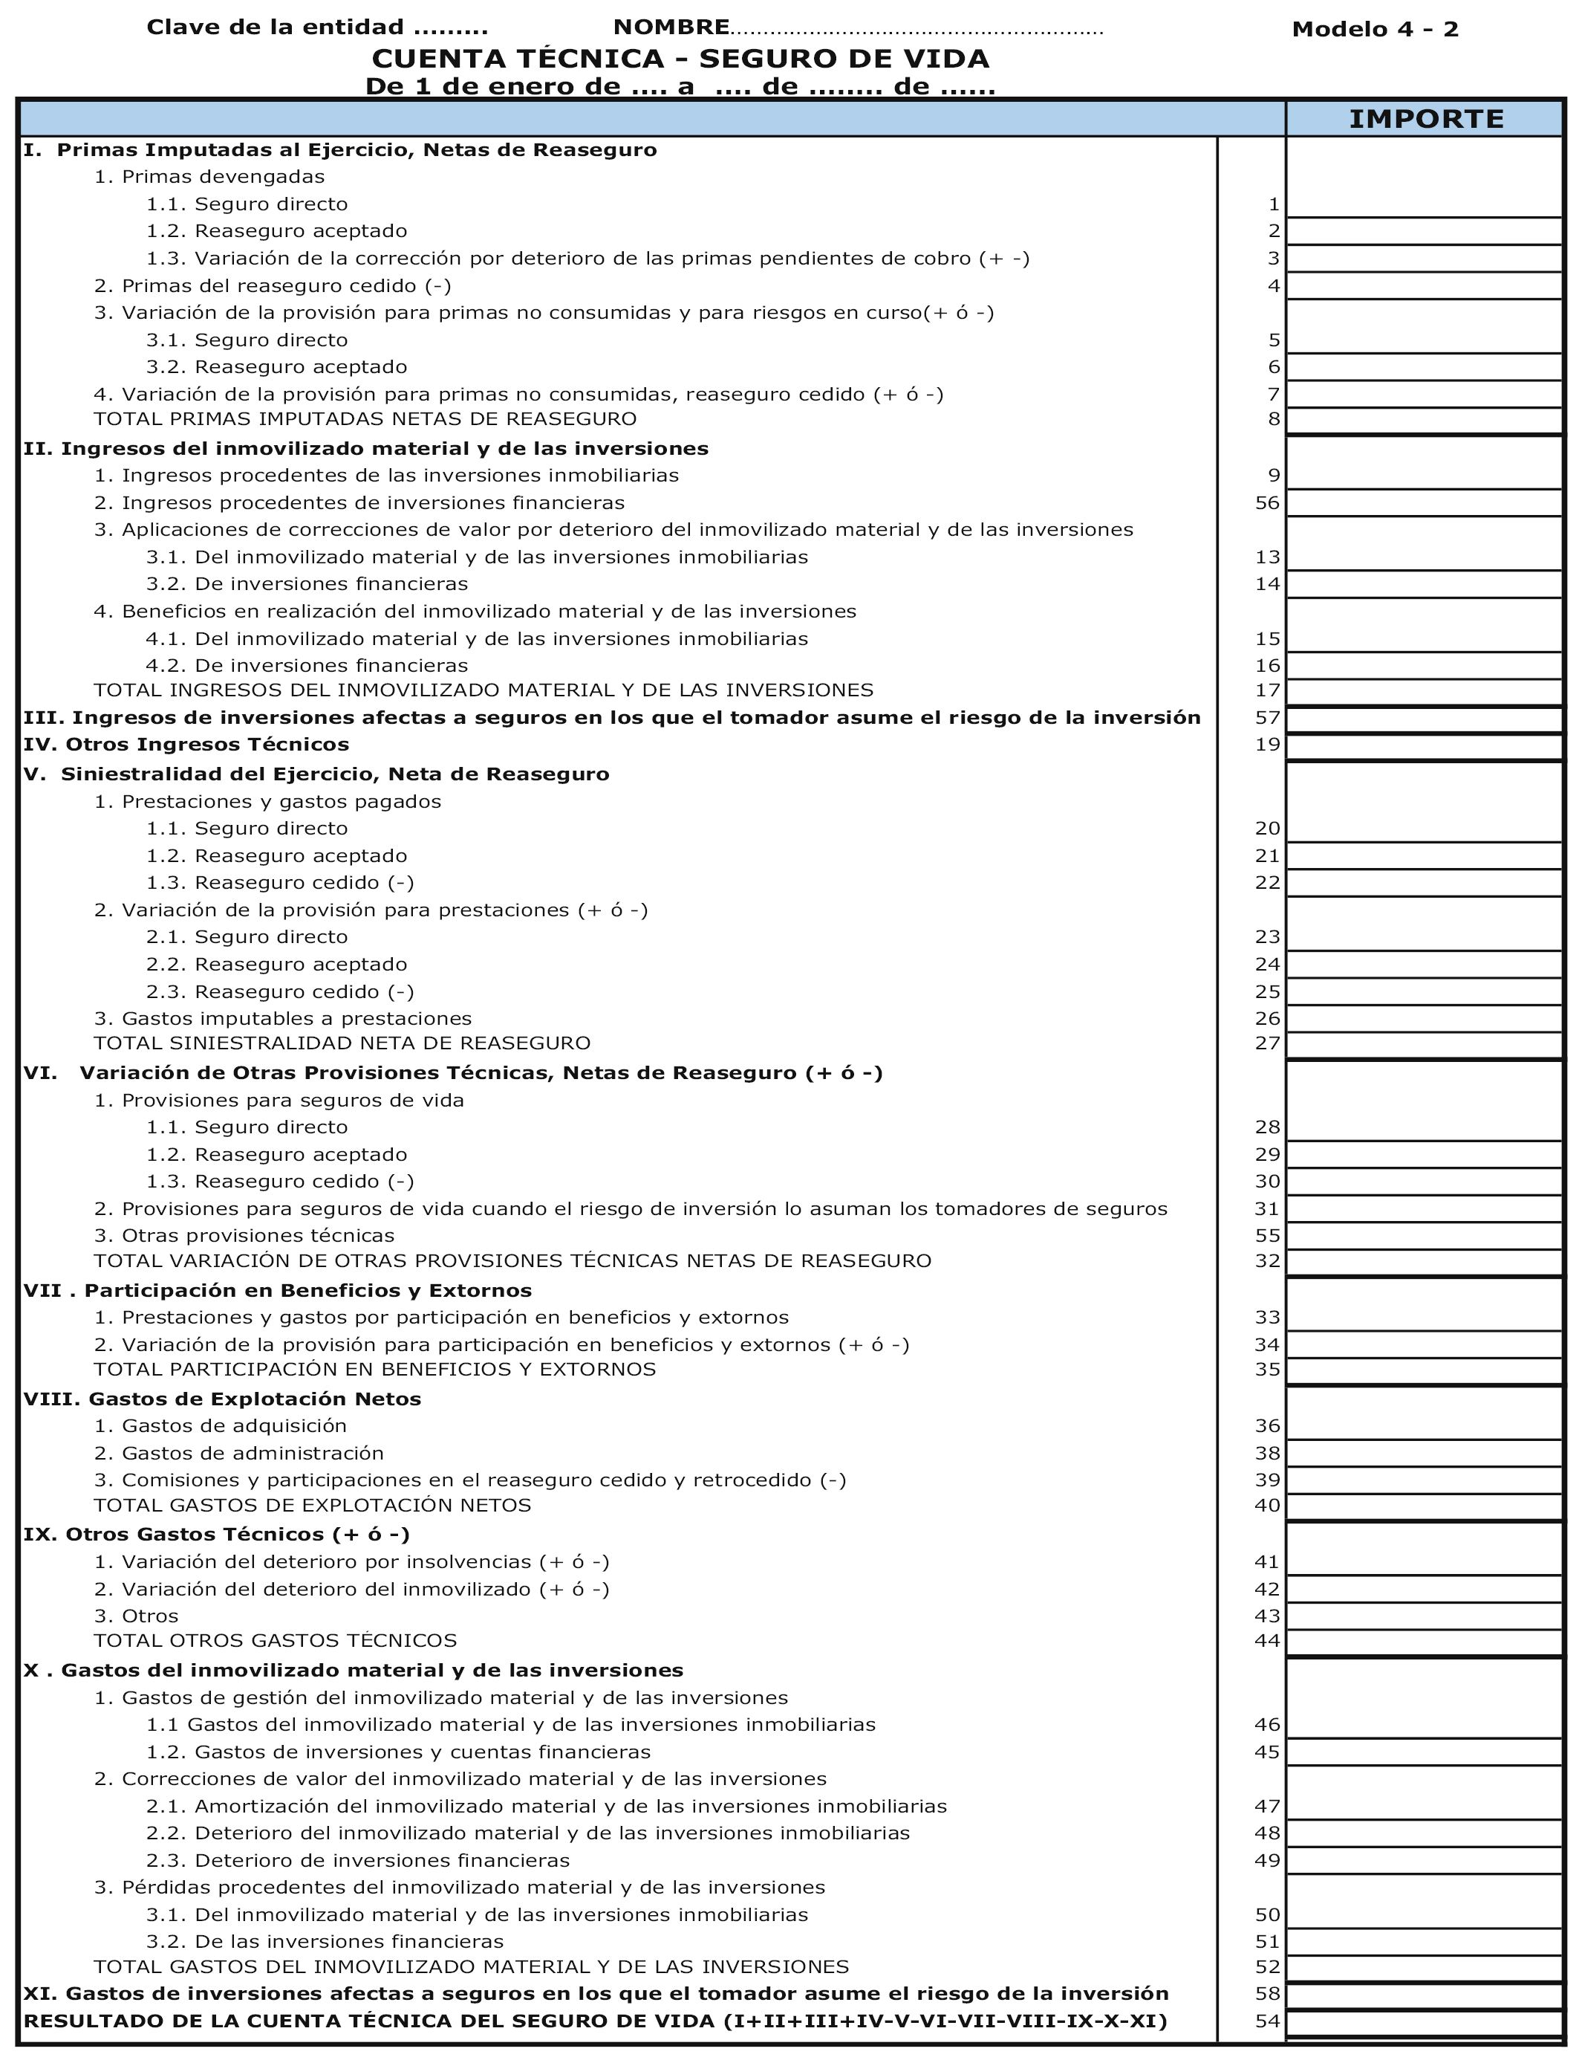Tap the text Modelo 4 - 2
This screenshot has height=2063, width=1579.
pyautogui.click(x=1375, y=29)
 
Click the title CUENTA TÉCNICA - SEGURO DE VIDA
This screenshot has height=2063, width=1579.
pyautogui.click(x=680, y=58)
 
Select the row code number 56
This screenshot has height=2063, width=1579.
pyautogui.click(x=1267, y=503)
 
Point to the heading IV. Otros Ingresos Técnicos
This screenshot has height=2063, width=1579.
pyautogui.click(x=186, y=745)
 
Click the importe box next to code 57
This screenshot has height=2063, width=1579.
pyautogui.click(x=1424, y=719)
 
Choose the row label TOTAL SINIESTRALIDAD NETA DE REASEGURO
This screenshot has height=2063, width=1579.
pyautogui.click(x=342, y=1043)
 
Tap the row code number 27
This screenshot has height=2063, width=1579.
pyautogui.click(x=1267, y=1043)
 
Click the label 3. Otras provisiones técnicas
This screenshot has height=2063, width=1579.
pyautogui.click(x=244, y=1236)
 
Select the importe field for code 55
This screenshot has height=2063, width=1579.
pyautogui.click(x=1424, y=1236)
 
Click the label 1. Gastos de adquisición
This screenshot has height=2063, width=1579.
pyautogui.click(x=221, y=1425)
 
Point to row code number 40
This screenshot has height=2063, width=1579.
pyautogui.click(x=1267, y=1506)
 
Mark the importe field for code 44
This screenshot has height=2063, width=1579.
pyautogui.click(x=1424, y=1642)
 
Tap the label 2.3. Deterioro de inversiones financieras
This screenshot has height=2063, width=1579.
pyautogui.click(x=358, y=1860)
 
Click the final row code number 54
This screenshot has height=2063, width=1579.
pyautogui.click(x=1267, y=2021)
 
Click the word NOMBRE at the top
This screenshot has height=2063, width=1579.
pyautogui.click(x=671, y=27)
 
